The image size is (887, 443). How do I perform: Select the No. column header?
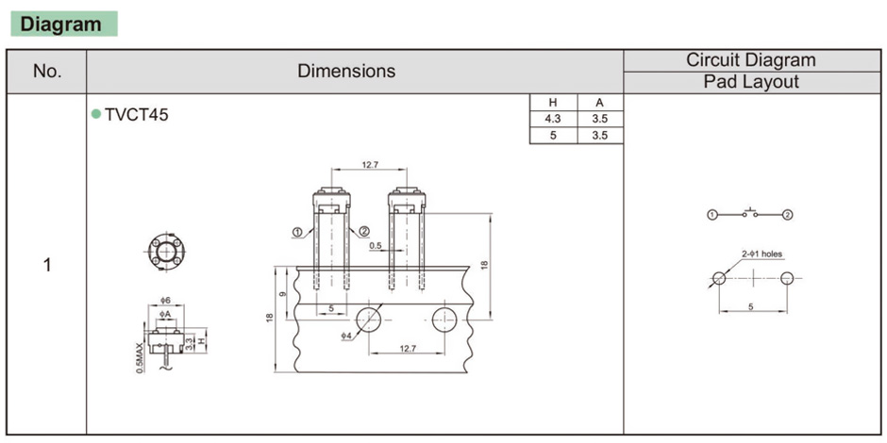[47, 72]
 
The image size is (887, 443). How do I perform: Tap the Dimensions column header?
[346, 72]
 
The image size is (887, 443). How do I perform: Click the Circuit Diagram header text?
[751, 60]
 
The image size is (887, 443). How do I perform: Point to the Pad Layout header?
[751, 82]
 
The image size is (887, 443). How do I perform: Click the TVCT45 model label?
[136, 115]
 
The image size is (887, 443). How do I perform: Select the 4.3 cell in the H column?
[553, 119]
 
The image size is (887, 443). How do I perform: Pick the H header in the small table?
[553, 103]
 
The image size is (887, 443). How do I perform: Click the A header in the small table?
[599, 103]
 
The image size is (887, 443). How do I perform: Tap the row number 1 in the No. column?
[47, 265]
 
